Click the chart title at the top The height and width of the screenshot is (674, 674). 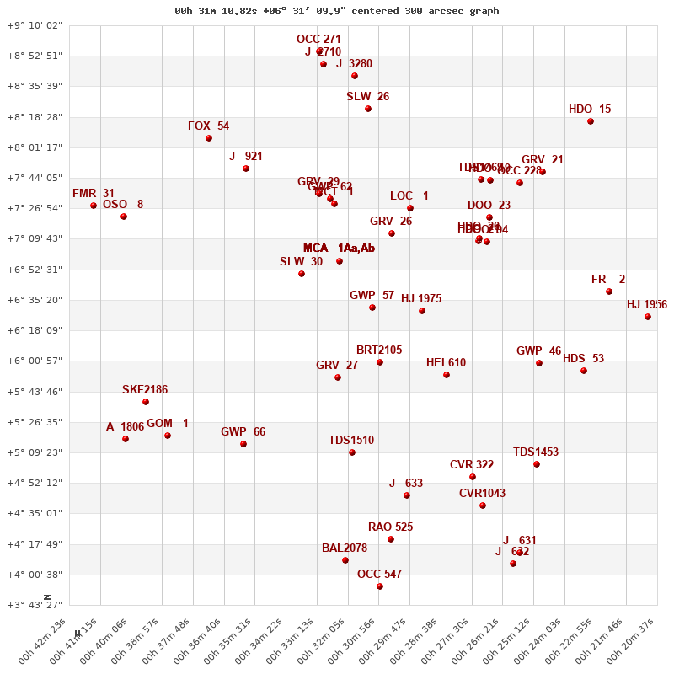(336, 11)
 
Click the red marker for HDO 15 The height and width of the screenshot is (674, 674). (591, 121)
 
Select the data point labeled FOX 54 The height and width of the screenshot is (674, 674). (209, 138)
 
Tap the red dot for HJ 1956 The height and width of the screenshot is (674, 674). (648, 317)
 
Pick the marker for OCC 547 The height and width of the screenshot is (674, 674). (380, 586)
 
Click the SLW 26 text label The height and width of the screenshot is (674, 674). (367, 97)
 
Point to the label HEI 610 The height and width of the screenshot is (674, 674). (446, 363)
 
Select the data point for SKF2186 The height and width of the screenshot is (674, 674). (146, 402)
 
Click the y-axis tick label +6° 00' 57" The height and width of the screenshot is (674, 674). (35, 361)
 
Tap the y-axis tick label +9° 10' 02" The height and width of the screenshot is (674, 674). (35, 25)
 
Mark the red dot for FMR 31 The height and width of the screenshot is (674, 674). (94, 206)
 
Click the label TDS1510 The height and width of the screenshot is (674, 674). (351, 441)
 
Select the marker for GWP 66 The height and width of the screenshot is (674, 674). (243, 444)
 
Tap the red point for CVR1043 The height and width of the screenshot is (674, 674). (483, 505)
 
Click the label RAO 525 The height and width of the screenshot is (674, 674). (390, 527)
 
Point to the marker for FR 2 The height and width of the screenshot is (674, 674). (609, 292)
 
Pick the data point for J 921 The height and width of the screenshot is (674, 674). (246, 168)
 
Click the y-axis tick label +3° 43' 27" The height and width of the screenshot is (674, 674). (35, 605)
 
